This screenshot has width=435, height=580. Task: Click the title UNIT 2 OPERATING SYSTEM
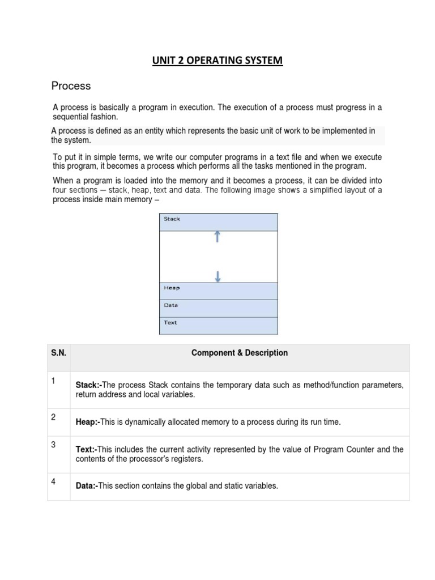pos(217,60)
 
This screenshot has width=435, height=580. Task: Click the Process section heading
pos(71,86)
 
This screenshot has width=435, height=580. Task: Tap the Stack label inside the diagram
pos(172,219)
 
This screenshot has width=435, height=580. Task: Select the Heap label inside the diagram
pos(172,288)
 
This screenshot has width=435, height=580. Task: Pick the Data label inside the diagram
pos(170,305)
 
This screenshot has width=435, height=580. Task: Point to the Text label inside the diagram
pos(170,323)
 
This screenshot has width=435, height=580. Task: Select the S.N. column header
pos(58,353)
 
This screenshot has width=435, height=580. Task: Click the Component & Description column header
pos(240,353)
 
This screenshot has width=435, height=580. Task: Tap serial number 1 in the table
pos(53,381)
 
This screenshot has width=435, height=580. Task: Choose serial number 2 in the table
pos(53,417)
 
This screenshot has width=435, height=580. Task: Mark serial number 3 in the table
pos(53,445)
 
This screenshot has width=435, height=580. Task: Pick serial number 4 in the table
pos(53,482)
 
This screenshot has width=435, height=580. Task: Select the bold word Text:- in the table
pos(87,450)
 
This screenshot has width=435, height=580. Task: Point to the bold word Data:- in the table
pos(87,486)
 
